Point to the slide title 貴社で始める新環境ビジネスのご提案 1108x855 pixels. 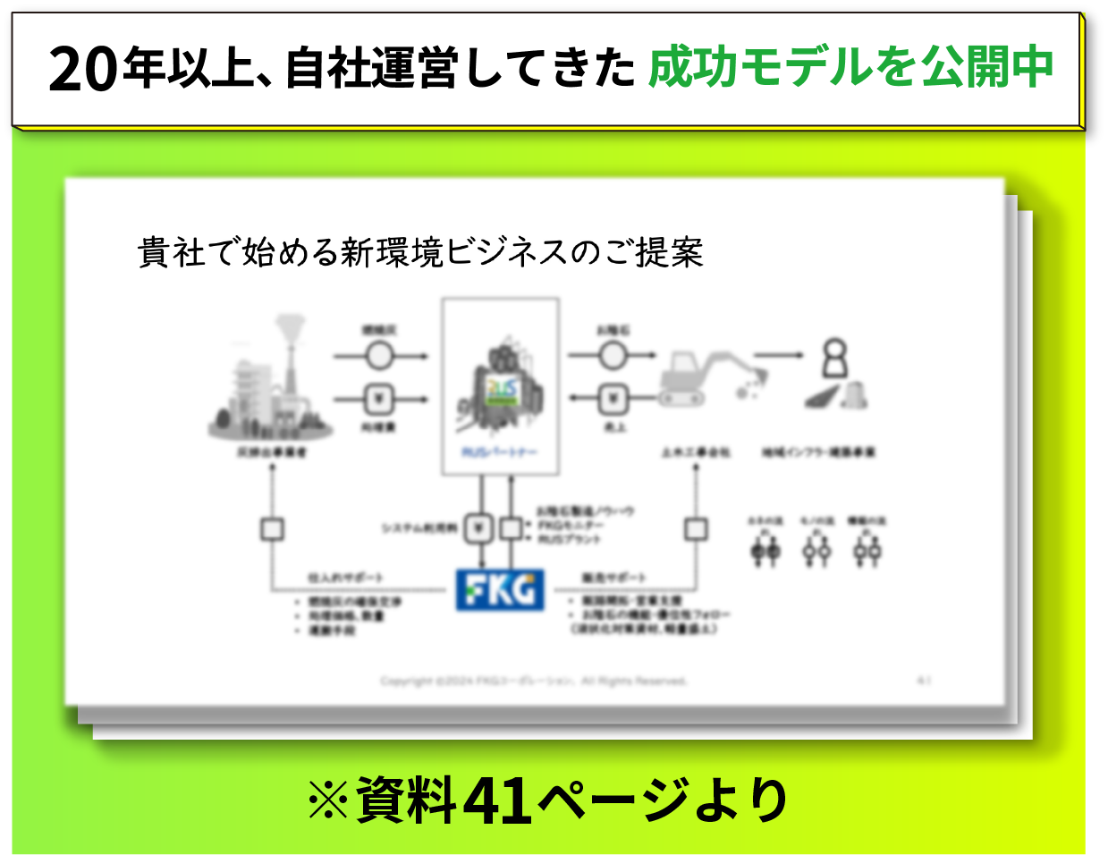tap(420, 253)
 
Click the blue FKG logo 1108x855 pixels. tap(500, 590)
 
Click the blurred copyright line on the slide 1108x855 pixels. tap(533, 681)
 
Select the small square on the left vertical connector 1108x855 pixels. tap(272, 529)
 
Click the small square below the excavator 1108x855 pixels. tap(696, 529)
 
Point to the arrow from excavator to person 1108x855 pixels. tap(778, 355)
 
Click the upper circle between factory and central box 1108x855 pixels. tap(379, 356)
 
